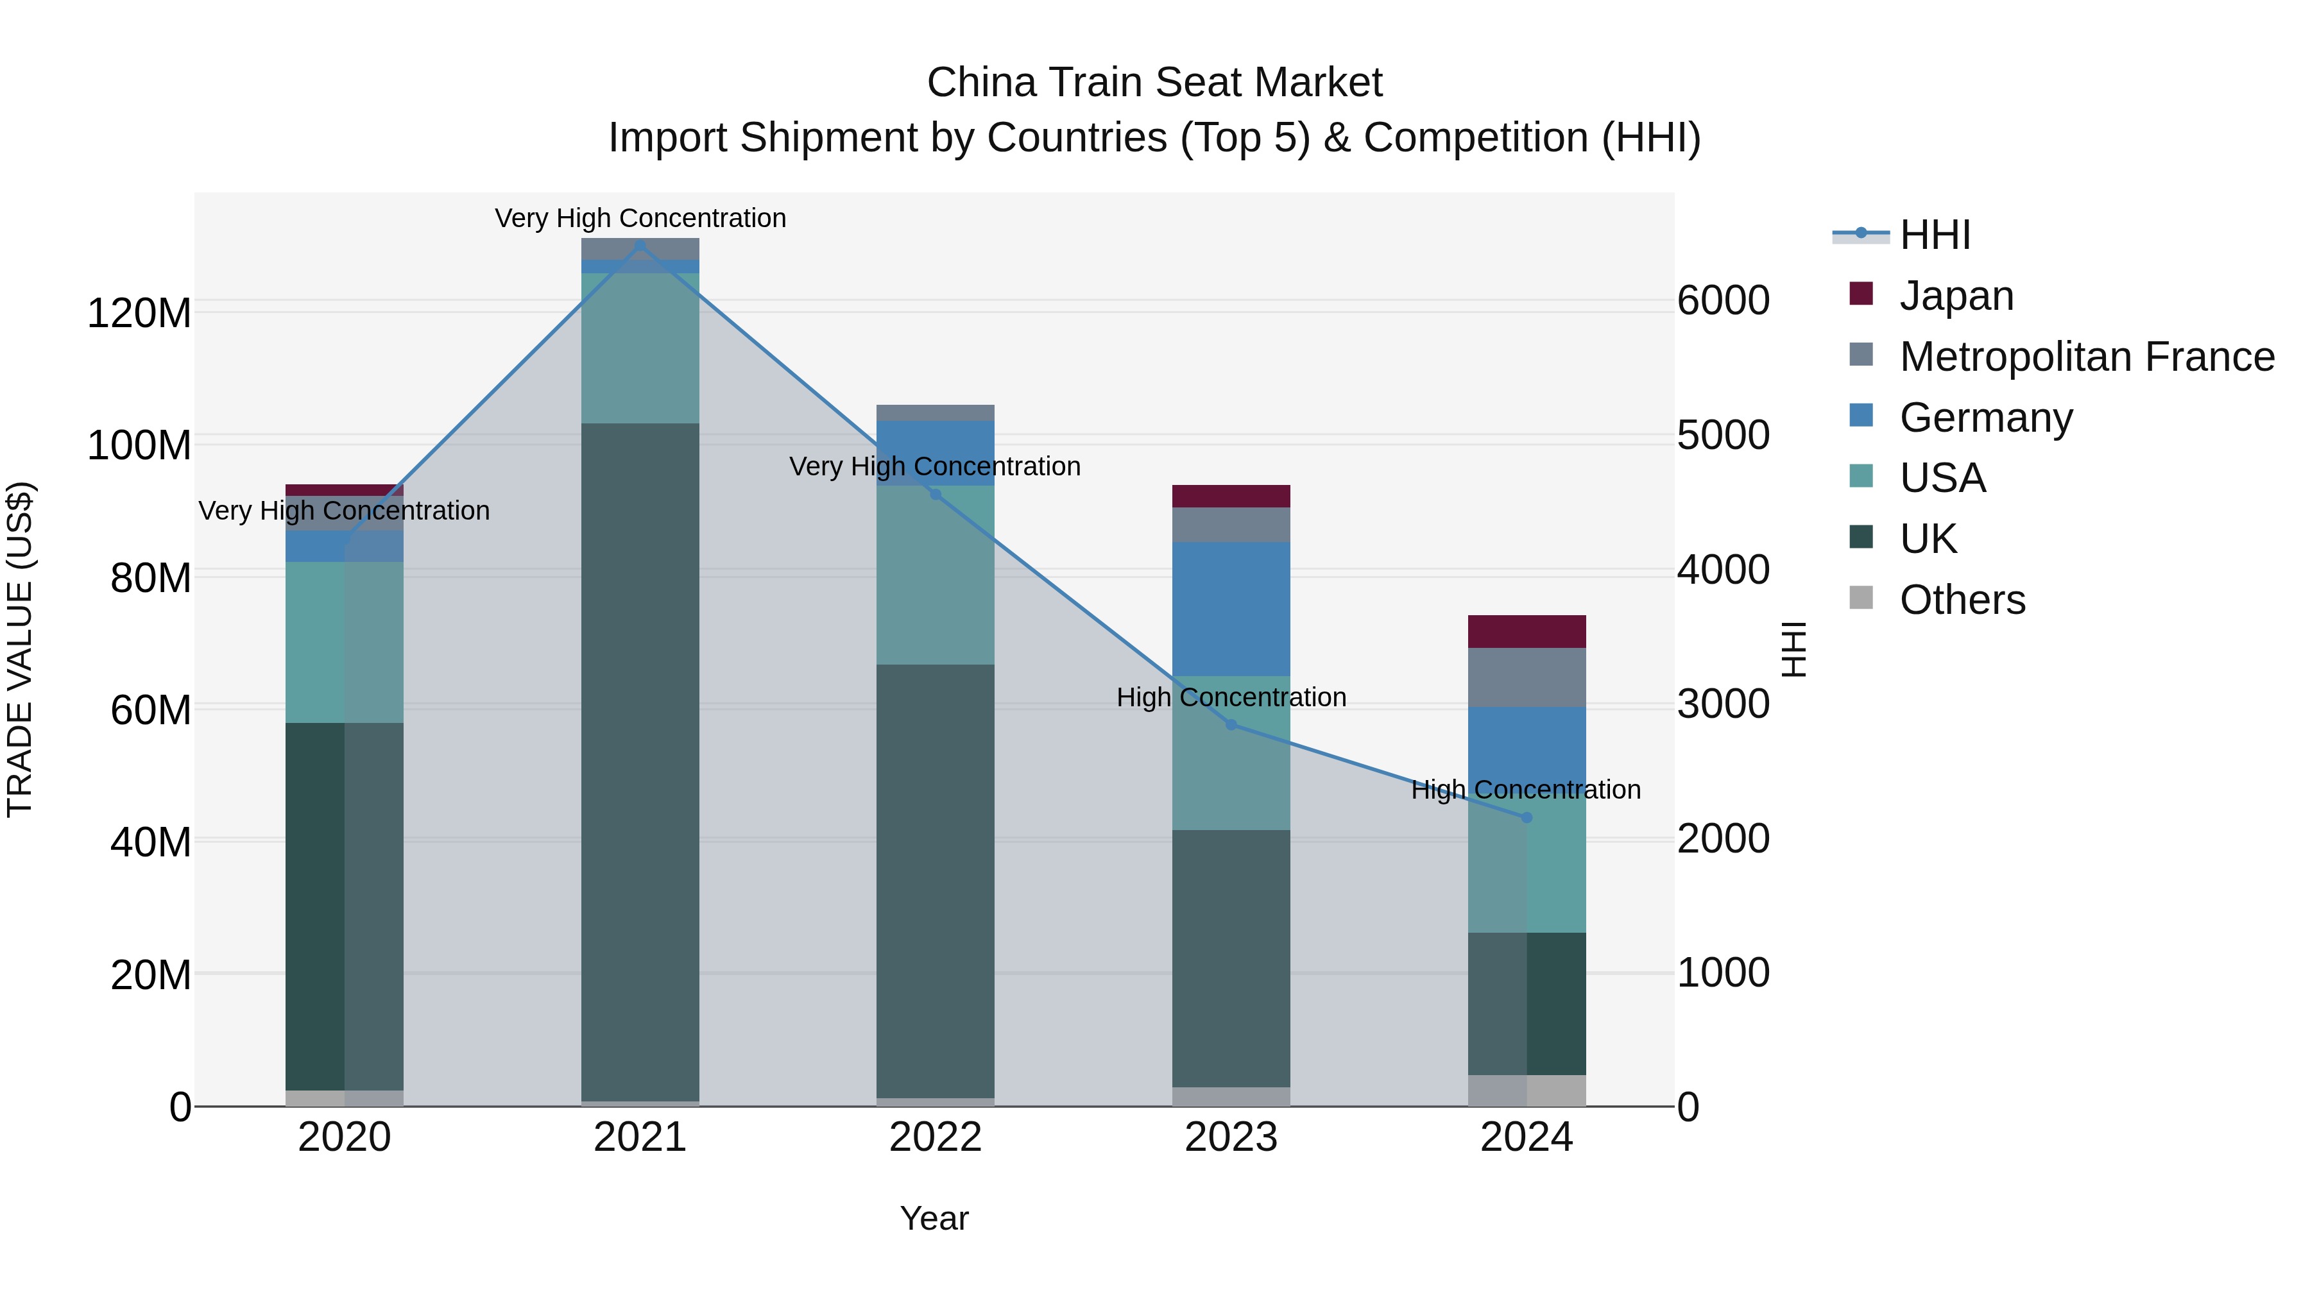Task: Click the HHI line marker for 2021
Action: tap(639, 245)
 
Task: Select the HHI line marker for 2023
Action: tap(1231, 724)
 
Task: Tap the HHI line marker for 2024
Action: tap(1527, 818)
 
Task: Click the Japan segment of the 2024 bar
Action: tap(1527, 631)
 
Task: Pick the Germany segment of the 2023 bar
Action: tap(1231, 609)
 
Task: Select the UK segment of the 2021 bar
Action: tap(639, 762)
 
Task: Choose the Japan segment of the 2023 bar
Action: tap(1231, 496)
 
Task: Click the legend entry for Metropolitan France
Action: tap(2086, 357)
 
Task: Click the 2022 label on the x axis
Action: tap(936, 1137)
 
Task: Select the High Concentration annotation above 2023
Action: tap(1231, 697)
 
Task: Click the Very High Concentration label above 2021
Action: tap(639, 218)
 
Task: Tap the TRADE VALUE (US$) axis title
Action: tap(20, 649)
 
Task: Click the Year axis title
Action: tap(934, 1218)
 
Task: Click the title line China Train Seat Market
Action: tap(1154, 83)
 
